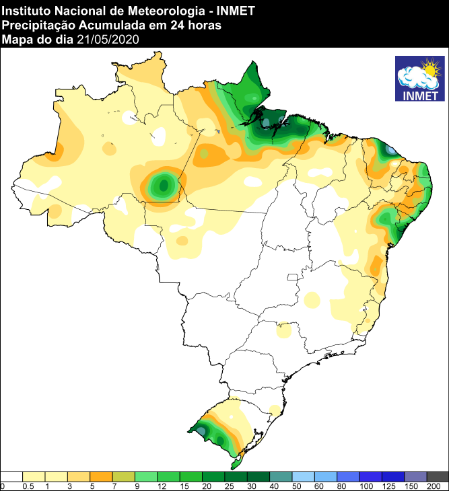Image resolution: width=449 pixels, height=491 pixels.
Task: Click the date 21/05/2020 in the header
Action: point(108,40)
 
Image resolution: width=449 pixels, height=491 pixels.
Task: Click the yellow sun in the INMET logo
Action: point(428,68)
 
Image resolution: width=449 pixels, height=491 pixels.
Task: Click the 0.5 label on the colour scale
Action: point(28,486)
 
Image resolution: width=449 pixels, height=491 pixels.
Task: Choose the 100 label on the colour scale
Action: point(366,486)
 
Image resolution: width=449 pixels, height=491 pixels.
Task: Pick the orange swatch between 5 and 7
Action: point(101,476)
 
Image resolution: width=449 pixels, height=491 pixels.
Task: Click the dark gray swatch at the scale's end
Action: point(438,476)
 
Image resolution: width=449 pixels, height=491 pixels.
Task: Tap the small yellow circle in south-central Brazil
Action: point(284,330)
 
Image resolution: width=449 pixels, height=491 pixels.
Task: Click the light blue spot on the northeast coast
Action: point(390,149)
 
